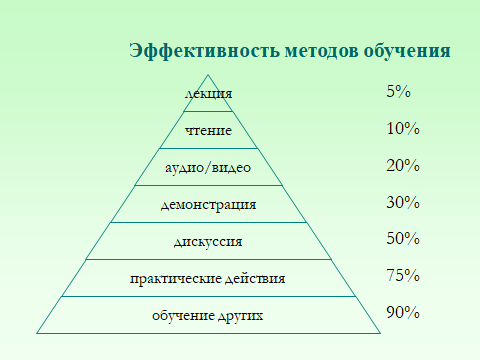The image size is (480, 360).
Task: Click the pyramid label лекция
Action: (x=209, y=94)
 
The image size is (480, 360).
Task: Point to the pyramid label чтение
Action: (x=209, y=131)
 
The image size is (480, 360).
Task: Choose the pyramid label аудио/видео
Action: (x=209, y=168)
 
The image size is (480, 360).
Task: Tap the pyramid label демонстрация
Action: (x=209, y=205)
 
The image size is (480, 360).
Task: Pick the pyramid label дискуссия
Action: (x=209, y=242)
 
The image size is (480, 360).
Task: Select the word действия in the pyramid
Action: (x=256, y=278)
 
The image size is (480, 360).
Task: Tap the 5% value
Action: (x=398, y=92)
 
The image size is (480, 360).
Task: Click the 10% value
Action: (x=402, y=129)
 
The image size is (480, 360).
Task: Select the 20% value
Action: (x=402, y=166)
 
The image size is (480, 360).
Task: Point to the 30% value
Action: (x=402, y=203)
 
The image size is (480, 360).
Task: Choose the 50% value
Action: (x=402, y=239)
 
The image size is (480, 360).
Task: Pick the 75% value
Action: (x=402, y=276)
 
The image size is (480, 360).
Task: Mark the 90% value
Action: (x=402, y=312)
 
